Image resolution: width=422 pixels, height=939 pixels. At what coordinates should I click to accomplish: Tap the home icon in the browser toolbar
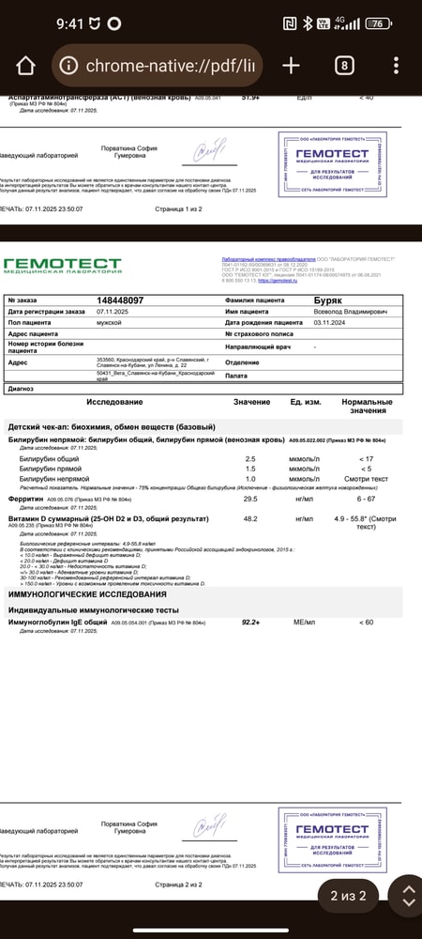click(x=26, y=65)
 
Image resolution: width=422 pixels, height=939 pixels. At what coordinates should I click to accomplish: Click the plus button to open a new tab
click(x=291, y=65)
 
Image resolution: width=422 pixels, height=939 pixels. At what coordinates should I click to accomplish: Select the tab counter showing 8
click(x=344, y=65)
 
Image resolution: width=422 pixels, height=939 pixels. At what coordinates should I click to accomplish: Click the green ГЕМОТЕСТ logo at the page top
click(x=63, y=265)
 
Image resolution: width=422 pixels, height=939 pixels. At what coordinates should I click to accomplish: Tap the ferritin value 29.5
click(x=250, y=499)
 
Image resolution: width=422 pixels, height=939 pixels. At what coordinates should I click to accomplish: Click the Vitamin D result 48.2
click(x=250, y=518)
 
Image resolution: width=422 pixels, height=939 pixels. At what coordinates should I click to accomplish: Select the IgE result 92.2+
click(x=250, y=623)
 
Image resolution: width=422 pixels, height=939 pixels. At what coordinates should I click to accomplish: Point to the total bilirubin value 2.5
click(x=250, y=458)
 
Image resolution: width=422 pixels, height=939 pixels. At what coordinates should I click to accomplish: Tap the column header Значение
click(x=251, y=402)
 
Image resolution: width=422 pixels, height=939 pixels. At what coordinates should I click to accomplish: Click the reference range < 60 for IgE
click(x=367, y=623)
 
